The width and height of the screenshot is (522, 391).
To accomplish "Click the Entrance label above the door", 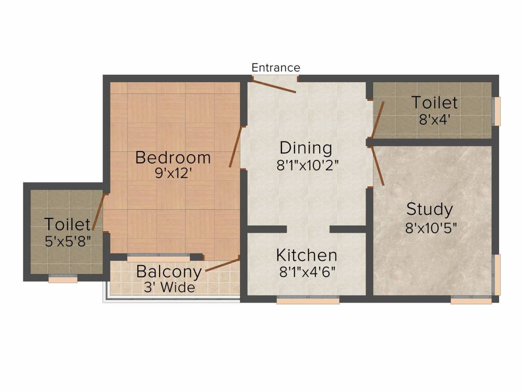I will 276,68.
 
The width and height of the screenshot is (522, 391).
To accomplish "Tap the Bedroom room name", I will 173,157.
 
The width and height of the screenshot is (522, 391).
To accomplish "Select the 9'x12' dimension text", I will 173,173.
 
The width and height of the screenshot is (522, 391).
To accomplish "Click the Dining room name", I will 306,148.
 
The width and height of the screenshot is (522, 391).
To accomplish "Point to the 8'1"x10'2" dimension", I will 307,165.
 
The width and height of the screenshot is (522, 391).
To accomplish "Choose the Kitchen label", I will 306,255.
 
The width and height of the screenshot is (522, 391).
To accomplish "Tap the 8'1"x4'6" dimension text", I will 307,272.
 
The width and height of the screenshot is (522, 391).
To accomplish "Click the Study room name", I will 429,209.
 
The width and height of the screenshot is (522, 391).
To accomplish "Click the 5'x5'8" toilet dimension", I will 67,241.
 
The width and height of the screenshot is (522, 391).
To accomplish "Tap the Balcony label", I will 168,271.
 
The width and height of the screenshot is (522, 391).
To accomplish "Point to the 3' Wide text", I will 168,288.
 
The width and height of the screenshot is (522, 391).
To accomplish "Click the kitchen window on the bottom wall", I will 308,300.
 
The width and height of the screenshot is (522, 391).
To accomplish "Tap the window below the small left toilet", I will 63,278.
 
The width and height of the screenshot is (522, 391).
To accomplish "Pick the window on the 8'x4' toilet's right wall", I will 497,111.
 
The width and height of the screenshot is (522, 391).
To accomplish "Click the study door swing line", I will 378,166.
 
